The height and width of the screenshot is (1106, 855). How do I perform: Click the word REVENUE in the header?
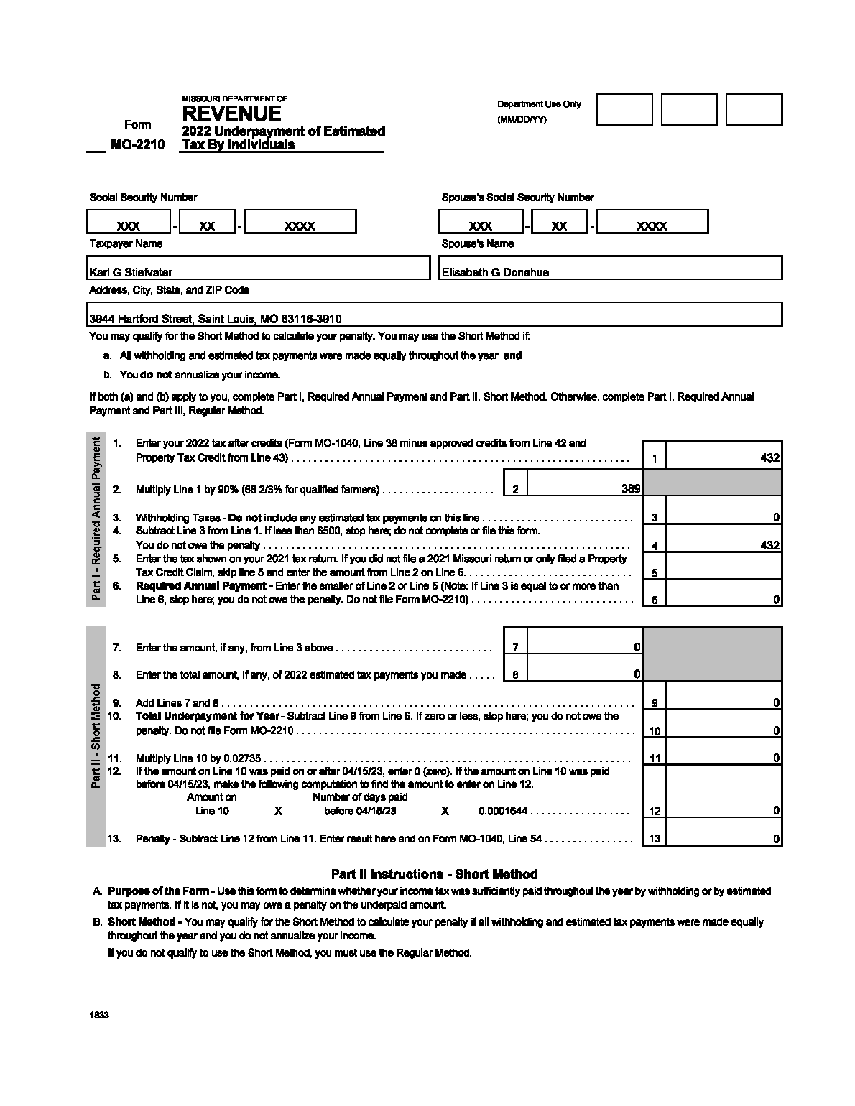231,113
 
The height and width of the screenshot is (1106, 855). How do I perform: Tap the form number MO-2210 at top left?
137,144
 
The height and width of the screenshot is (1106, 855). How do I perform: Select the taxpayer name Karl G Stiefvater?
131,272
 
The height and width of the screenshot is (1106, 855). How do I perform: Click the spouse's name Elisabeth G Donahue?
495,272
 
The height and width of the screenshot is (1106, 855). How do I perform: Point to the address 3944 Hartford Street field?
216,319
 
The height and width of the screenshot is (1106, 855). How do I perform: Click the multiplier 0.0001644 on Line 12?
503,811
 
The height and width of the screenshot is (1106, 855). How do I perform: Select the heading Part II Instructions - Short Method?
434,874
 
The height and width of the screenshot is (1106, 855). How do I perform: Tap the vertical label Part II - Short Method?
96,735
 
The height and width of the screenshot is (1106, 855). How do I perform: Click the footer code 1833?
99,1016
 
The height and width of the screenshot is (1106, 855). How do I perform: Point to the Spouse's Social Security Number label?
517,197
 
